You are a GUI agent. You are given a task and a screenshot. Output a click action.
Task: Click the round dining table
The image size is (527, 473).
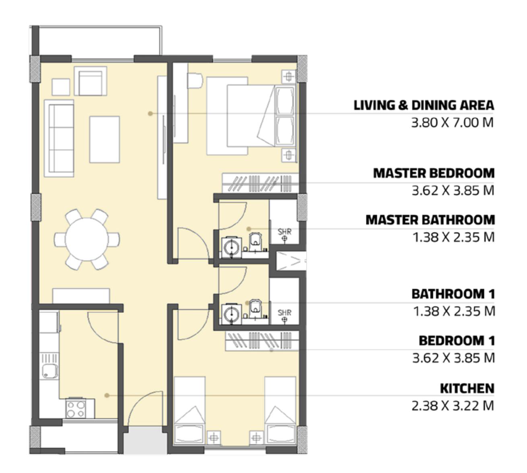pyautogui.click(x=86, y=239)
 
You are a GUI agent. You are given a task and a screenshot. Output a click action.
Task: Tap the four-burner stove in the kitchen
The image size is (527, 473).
pyautogui.click(x=76, y=409)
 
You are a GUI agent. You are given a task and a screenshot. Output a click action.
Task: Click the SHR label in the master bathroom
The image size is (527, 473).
pyautogui.click(x=284, y=231)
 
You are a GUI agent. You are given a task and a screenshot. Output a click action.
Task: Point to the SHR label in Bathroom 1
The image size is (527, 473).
pyautogui.click(x=284, y=312)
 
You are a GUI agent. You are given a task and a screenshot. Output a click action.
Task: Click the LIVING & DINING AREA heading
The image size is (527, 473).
pyautogui.click(x=424, y=105)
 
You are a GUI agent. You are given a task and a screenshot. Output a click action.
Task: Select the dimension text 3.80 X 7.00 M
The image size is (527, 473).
pyautogui.click(x=452, y=123)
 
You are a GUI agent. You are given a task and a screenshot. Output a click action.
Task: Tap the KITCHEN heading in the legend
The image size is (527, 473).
pyautogui.click(x=467, y=389)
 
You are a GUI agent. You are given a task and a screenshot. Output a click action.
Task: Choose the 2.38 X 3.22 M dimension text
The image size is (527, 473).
pyautogui.click(x=453, y=406)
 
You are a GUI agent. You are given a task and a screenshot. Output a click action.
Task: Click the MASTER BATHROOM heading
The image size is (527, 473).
pyautogui.click(x=430, y=220)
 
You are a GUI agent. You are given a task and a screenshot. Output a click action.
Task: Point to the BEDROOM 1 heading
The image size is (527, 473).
pyautogui.click(x=457, y=341)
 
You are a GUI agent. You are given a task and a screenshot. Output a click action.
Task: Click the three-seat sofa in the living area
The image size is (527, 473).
pyautogui.click(x=59, y=138)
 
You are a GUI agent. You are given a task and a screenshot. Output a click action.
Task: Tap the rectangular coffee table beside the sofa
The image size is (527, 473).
pyautogui.click(x=105, y=140)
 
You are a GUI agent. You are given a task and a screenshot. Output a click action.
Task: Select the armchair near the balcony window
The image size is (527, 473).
pyautogui.click(x=90, y=81)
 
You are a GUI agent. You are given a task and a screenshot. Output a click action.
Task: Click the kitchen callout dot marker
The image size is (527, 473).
pyautogui.click(x=107, y=395)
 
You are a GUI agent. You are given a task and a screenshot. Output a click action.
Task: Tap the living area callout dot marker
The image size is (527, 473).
pyautogui.click(x=150, y=114)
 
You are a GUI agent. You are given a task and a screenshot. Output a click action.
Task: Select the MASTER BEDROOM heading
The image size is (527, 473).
pyautogui.click(x=434, y=173)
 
